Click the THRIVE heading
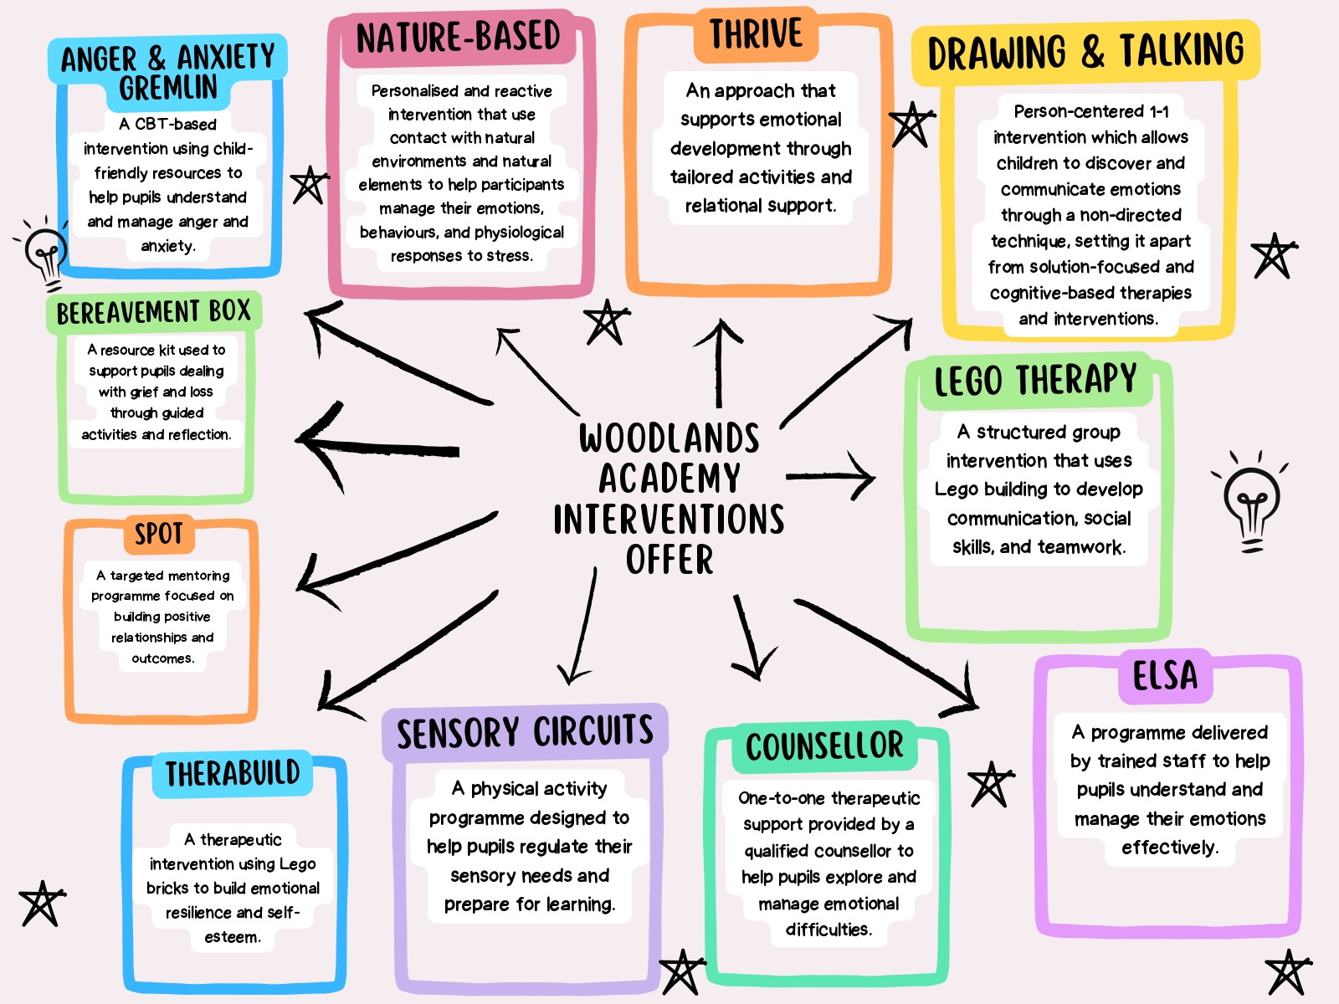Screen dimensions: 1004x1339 point(756,35)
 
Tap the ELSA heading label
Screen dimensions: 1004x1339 point(1165,676)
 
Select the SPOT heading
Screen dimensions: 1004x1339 point(159,534)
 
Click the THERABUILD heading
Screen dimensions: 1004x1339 point(233,773)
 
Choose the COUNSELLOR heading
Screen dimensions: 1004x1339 point(824,746)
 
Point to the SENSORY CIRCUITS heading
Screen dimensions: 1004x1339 point(525,732)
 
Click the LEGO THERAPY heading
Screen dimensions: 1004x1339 point(1035,381)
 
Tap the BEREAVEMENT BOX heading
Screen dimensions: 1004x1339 point(154,312)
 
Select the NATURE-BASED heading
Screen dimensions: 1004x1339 point(458,38)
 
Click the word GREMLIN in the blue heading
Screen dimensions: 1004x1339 point(168,88)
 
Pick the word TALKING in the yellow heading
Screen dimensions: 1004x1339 point(1182,50)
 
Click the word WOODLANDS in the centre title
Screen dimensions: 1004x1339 point(669,438)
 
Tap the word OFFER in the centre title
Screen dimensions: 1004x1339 point(669,560)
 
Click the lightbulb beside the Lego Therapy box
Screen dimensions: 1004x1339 point(1251,500)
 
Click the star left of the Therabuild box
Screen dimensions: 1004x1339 point(40,904)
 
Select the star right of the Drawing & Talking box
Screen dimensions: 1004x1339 point(1273,255)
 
